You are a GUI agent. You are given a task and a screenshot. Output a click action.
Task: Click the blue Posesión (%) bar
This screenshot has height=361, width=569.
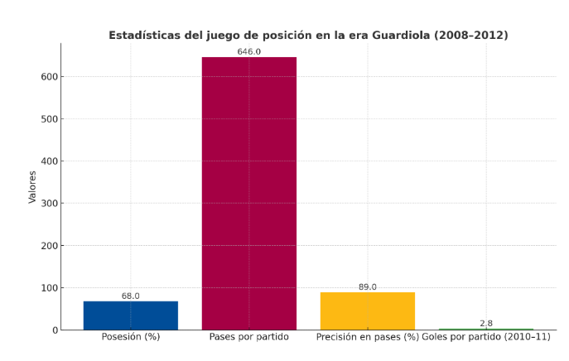[x=131, y=315]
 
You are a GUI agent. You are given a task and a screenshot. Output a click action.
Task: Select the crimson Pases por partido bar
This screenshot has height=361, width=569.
[x=249, y=193]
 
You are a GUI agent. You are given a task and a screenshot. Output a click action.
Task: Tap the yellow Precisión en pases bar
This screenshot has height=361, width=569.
[x=368, y=310]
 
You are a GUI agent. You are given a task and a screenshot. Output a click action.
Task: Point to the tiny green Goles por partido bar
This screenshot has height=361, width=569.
[x=486, y=329]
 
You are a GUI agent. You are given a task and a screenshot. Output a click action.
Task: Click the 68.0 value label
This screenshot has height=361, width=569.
[x=131, y=296]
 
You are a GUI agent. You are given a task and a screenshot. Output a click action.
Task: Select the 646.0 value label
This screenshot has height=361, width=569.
[x=249, y=51]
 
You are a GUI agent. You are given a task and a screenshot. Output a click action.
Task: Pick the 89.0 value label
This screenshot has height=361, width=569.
[x=368, y=286]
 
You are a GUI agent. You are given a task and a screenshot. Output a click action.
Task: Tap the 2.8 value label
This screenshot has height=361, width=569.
[x=486, y=323]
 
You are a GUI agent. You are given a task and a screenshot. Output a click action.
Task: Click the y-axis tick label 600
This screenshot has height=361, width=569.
[x=49, y=77]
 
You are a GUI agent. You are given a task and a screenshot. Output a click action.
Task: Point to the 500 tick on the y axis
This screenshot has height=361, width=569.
[x=49, y=119]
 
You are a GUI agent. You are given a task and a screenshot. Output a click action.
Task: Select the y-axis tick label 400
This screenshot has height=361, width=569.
[x=49, y=161]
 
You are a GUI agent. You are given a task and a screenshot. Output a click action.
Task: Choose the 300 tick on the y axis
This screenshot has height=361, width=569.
[x=49, y=204]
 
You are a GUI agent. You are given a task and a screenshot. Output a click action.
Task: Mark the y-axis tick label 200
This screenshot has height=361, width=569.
[x=49, y=246]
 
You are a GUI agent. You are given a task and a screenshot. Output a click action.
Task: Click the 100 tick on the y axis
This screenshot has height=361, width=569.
[x=49, y=288]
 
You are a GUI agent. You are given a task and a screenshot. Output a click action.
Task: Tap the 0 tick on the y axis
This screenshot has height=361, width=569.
[x=55, y=330]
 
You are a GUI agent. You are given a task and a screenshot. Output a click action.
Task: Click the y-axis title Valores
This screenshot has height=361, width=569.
[x=32, y=186]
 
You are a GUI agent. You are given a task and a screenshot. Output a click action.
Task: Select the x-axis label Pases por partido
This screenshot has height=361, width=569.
[x=249, y=338]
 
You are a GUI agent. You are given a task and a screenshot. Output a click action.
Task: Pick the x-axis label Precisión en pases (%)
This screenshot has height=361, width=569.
[x=368, y=338]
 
